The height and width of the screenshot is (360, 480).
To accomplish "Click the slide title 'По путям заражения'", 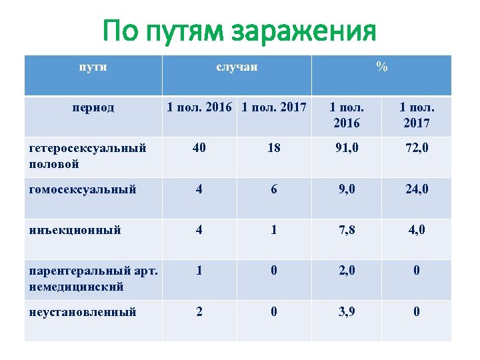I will (x=240, y=31).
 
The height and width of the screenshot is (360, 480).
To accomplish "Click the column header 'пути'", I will (x=93, y=67).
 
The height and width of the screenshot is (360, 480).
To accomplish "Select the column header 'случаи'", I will (x=237, y=67).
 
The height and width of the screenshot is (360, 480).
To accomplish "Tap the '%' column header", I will (x=381, y=67).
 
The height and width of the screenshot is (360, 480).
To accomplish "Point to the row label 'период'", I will (x=94, y=107).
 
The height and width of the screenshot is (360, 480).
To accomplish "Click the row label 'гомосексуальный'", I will (x=83, y=189).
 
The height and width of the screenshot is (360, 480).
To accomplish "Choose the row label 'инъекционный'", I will (x=75, y=230).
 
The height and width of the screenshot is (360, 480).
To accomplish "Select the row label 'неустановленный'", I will (x=83, y=311).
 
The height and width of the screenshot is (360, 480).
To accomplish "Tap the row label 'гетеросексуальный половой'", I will (x=87, y=156).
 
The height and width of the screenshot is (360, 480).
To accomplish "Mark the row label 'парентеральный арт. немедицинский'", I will (x=93, y=279).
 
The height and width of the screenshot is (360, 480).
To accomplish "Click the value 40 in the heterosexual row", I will (x=199, y=149).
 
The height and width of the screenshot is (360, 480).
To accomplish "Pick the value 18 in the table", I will (x=274, y=149).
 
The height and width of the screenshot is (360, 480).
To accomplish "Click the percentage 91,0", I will (x=347, y=149).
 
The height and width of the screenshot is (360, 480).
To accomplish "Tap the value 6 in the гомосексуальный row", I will (x=274, y=189).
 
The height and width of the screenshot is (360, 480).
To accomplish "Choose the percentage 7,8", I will (x=347, y=230).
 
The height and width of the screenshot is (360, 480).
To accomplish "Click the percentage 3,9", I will (x=347, y=311).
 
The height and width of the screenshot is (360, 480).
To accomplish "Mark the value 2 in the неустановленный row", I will (x=199, y=311).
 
